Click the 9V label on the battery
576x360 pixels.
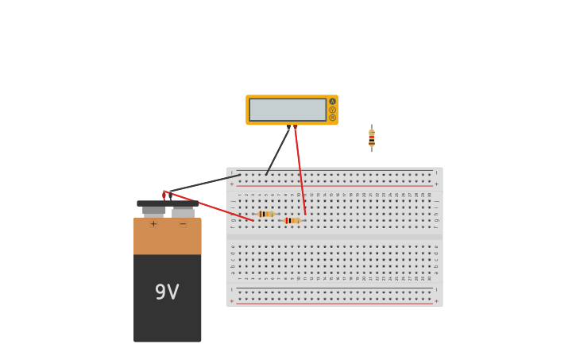[x=167, y=292]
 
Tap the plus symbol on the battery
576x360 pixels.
[x=153, y=224]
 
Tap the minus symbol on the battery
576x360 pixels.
[x=183, y=224]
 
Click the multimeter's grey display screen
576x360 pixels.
[x=287, y=110]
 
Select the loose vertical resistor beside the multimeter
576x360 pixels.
[x=371, y=137]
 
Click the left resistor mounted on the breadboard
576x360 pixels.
[x=265, y=214]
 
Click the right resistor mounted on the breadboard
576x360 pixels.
[x=292, y=220]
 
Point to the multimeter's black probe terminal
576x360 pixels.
[x=288, y=126]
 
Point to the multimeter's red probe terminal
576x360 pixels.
[x=296, y=126]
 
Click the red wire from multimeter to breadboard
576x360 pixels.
[x=300, y=171]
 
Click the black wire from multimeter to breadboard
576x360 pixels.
[x=278, y=150]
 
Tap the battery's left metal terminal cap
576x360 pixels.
[x=153, y=211]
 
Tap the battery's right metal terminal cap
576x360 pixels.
[x=183, y=212]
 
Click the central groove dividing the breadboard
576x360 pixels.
[x=334, y=236]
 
